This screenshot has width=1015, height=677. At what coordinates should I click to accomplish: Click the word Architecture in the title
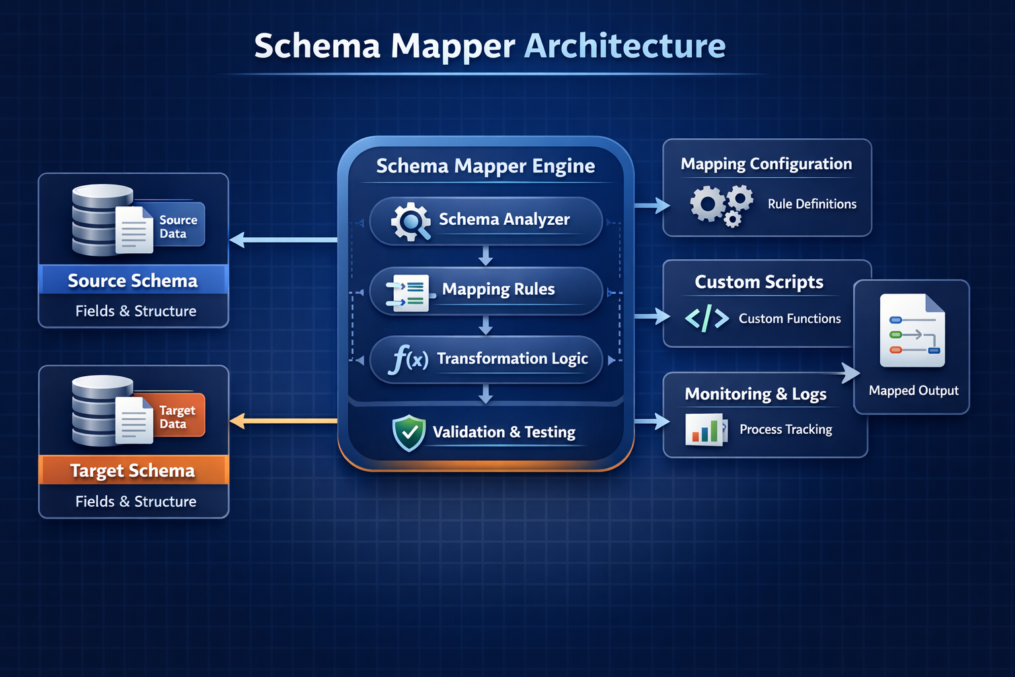pos(624,46)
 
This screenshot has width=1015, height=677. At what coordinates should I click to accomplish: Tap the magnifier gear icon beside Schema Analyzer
pos(410,221)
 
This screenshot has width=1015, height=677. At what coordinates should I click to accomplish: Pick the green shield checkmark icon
pos(409,433)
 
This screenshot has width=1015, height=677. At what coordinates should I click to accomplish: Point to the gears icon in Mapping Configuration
pos(721,205)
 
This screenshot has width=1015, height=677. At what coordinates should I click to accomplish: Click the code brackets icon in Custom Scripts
pos(707,319)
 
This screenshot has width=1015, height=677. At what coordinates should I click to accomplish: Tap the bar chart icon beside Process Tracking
pos(705,430)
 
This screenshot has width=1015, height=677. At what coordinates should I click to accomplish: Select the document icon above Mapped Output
pos(913,331)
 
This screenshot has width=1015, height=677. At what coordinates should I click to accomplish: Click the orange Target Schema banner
pos(133,470)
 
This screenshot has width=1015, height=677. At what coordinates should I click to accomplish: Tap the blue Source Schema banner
pos(133,280)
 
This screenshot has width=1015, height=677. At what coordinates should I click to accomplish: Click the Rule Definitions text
pos(811,204)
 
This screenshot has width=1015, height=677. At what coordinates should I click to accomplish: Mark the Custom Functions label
pos(790,319)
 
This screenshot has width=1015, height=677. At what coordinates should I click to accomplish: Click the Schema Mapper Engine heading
pos(486,166)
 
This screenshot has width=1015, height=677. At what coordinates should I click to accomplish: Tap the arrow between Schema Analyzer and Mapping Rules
pos(486,255)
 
